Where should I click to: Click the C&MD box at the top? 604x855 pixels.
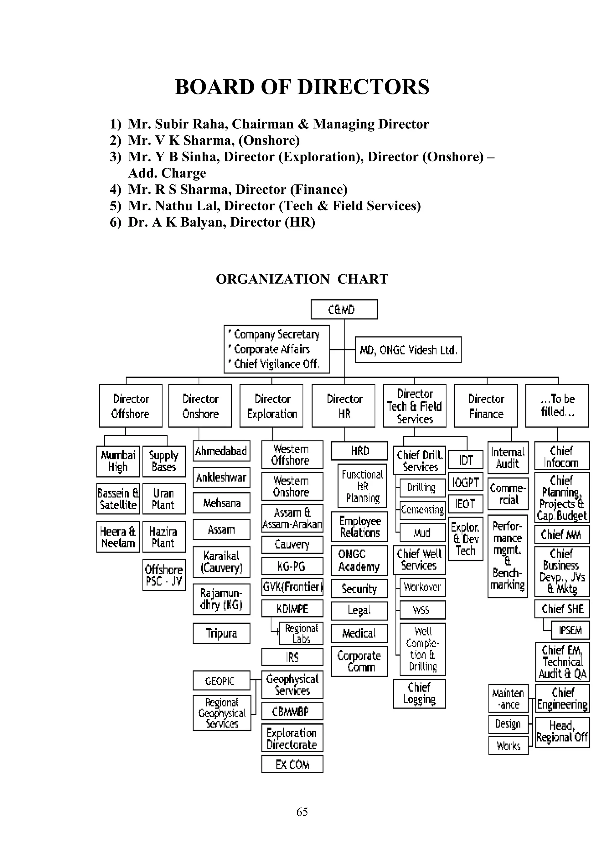[x=344, y=309]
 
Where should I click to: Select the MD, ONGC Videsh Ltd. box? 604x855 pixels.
[x=408, y=350]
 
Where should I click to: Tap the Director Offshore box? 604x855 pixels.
[x=131, y=406]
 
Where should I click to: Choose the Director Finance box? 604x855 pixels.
[x=486, y=406]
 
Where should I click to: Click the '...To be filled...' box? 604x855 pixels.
[x=557, y=406]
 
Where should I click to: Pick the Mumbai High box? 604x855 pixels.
[x=118, y=461]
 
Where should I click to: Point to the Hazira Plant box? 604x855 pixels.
[x=164, y=537]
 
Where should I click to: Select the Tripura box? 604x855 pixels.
[x=221, y=633]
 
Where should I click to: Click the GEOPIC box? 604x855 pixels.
[x=221, y=681]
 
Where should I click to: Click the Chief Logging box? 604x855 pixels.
[x=419, y=693]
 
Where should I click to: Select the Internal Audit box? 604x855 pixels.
[x=508, y=458]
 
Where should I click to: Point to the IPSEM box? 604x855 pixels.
[x=570, y=630]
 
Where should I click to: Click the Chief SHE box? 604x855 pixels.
[x=562, y=608]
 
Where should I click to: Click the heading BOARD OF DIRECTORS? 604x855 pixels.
[x=302, y=87]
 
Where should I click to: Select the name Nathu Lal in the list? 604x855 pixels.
[x=188, y=206]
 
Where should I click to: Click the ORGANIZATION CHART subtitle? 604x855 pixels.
[x=302, y=279]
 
